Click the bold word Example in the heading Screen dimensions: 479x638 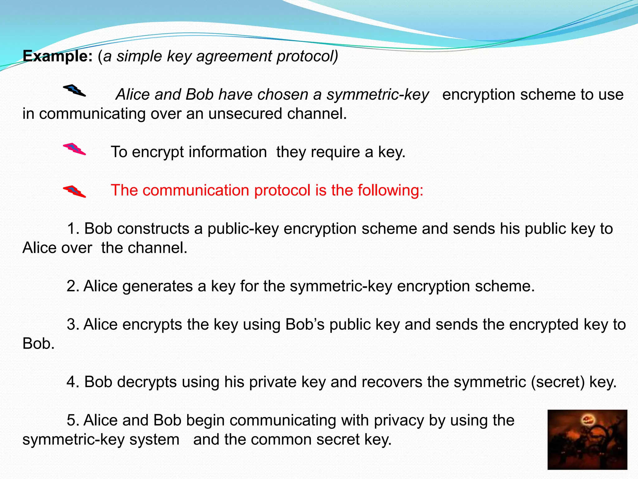coord(57,56)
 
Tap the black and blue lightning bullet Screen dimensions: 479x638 coord(74,90)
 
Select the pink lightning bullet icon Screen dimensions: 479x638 coord(74,149)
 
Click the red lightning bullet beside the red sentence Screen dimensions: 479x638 coord(74,191)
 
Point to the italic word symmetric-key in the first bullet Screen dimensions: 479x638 coord(378,94)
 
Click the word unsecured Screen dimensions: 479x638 coord(245,114)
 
